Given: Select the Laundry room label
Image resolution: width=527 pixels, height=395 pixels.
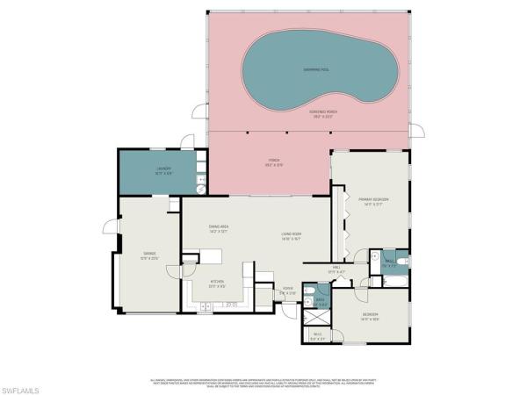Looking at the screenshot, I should [162, 169].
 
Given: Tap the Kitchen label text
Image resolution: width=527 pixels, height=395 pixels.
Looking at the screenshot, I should [218, 284].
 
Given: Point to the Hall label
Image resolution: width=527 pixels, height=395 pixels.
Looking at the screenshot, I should [336, 269].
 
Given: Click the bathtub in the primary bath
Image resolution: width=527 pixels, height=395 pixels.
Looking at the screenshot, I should [391, 282].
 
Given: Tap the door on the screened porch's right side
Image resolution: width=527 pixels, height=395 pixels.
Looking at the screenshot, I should [417, 131].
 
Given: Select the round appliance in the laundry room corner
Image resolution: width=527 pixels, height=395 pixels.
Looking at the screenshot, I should [200, 187].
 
